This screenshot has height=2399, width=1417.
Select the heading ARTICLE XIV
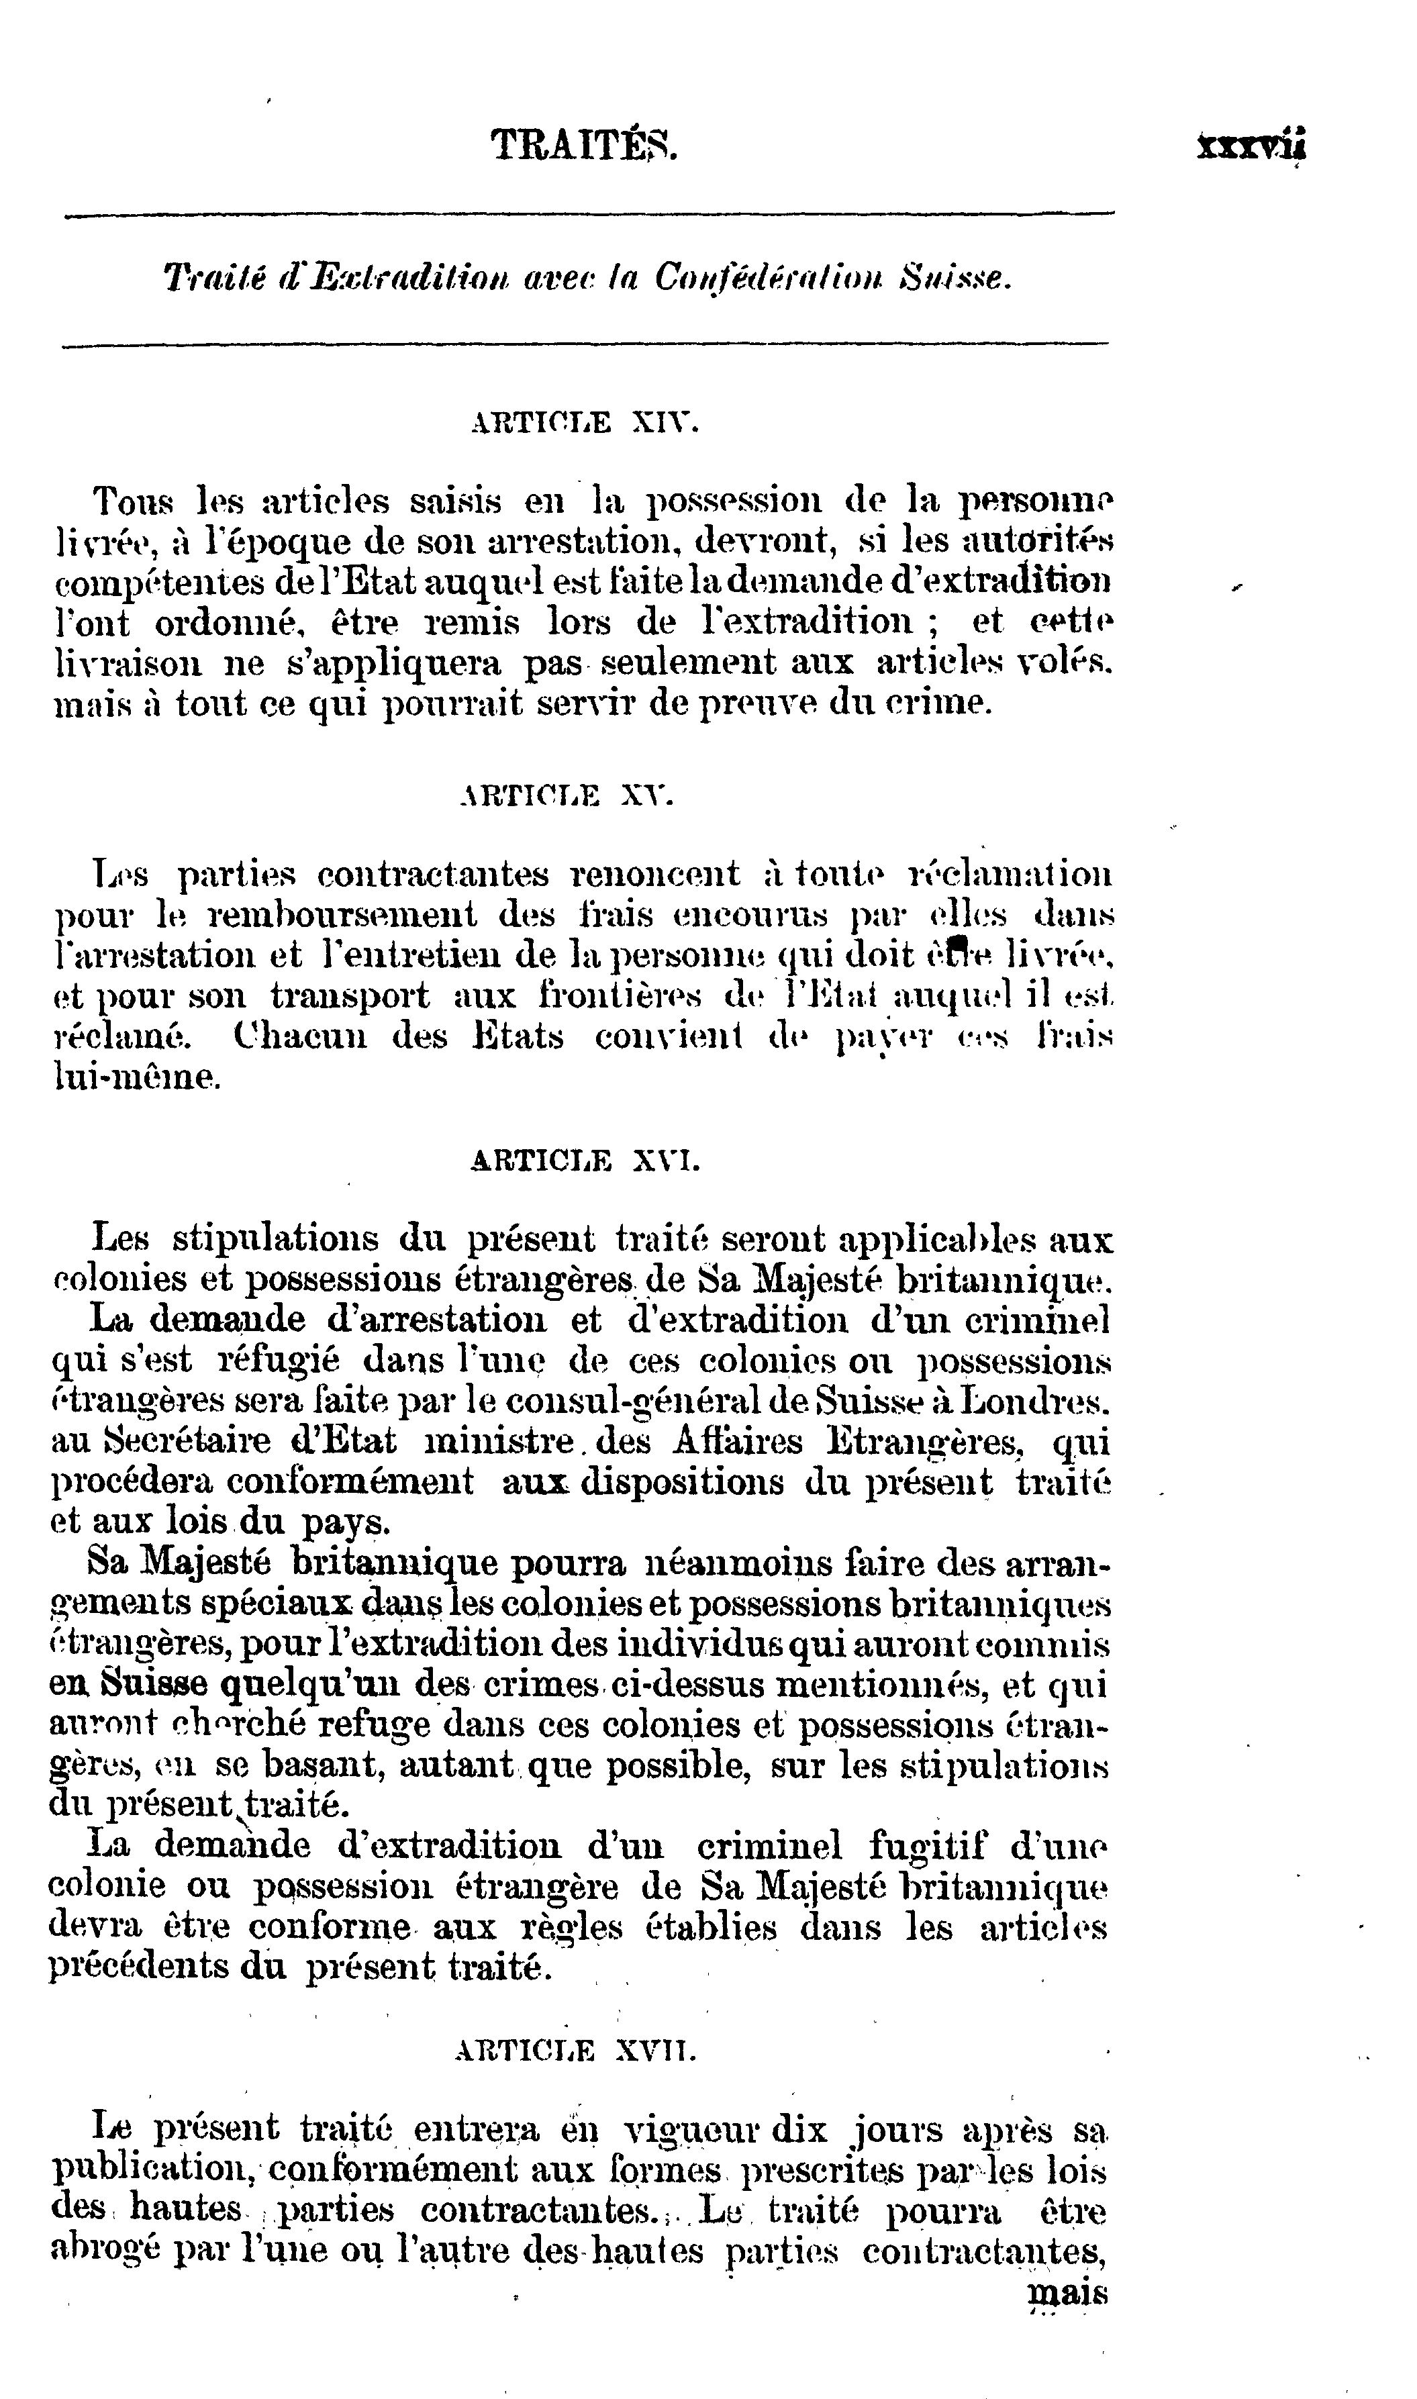coord(585,422)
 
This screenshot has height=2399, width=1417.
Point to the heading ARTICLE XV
coord(567,795)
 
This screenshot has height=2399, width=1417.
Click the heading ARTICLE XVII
coord(577,2049)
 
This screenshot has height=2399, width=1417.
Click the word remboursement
coord(342,914)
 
